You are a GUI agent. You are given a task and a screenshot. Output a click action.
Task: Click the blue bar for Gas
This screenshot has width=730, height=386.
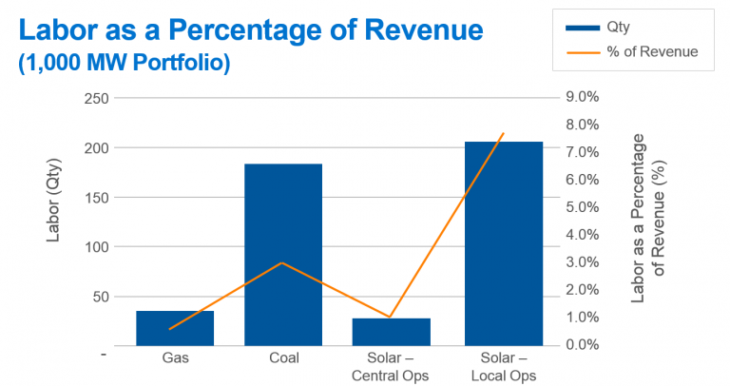(x=175, y=328)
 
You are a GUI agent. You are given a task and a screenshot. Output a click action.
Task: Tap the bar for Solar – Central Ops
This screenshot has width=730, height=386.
(x=392, y=332)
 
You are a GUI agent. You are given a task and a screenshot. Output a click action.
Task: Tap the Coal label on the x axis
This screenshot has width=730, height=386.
(x=283, y=358)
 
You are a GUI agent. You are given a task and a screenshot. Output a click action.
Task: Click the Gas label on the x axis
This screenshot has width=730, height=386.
(x=175, y=358)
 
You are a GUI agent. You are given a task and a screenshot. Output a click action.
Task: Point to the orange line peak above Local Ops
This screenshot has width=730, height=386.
(x=503, y=133)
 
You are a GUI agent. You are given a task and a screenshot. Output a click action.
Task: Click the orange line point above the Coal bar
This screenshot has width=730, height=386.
(x=283, y=262)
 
